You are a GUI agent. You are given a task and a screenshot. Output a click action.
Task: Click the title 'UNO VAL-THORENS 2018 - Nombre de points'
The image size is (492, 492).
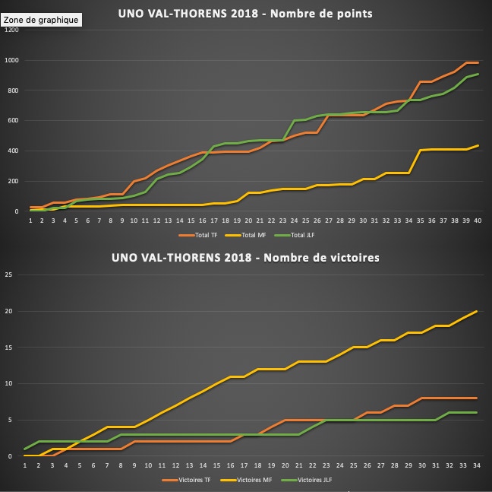tap(246, 13)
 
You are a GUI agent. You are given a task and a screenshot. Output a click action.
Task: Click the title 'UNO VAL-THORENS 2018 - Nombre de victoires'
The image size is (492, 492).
tap(246, 258)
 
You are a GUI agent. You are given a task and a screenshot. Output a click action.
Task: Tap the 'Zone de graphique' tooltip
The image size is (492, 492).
tap(40, 20)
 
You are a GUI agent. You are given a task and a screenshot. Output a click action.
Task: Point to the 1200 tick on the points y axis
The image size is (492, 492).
tap(11, 30)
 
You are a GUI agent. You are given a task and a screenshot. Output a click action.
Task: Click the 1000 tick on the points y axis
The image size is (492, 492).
tap(11, 60)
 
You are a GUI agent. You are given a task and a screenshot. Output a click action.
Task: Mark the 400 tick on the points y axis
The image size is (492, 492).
tap(13, 151)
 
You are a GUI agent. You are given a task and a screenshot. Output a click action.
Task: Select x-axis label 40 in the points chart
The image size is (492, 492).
tap(478, 221)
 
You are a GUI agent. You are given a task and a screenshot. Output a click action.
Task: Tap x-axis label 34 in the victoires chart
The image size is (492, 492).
tap(475, 465)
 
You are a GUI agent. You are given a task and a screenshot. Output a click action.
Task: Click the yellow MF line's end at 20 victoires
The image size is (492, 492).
tap(476, 311)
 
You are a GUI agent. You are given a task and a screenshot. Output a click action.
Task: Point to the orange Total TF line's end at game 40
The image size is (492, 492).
tap(478, 62)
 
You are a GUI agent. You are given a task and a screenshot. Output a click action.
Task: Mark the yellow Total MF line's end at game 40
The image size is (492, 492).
tap(478, 145)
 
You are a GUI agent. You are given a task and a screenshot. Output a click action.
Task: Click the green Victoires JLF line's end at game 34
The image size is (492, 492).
tap(476, 412)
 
